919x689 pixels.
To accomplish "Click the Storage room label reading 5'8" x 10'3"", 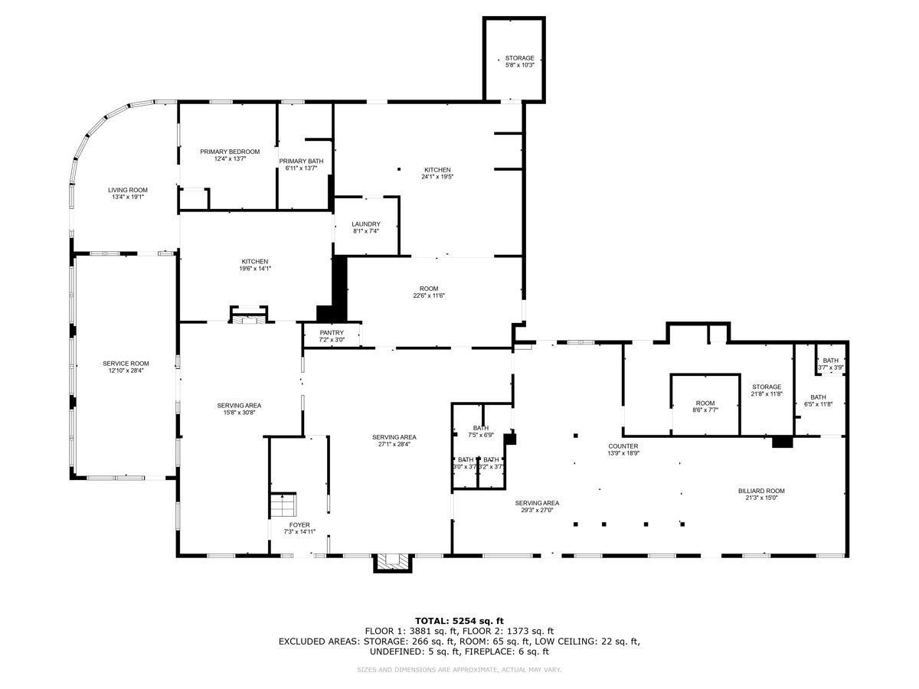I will click(x=519, y=62).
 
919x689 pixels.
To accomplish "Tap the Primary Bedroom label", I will click(x=230, y=155).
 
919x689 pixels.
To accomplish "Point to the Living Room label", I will click(x=127, y=193).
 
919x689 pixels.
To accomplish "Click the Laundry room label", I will click(x=366, y=227).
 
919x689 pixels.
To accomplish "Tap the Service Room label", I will click(x=126, y=367).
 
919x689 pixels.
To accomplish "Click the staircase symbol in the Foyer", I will click(x=281, y=506).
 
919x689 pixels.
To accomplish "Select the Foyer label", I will click(x=299, y=528).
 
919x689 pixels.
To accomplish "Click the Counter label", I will click(x=623, y=449).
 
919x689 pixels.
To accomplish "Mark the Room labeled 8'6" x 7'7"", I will click(x=705, y=407).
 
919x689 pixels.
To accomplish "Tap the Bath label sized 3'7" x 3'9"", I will click(x=830, y=364).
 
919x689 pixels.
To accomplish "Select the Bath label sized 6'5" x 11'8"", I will click(x=818, y=400).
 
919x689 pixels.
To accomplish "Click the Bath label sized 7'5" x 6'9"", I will click(x=480, y=432).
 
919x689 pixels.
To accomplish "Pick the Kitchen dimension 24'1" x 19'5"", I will click(x=437, y=177).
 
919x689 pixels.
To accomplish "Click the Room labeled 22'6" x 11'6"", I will click(x=428, y=292).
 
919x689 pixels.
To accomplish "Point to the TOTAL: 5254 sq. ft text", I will click(x=459, y=620).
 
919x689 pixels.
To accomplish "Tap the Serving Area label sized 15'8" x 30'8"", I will click(x=240, y=409).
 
